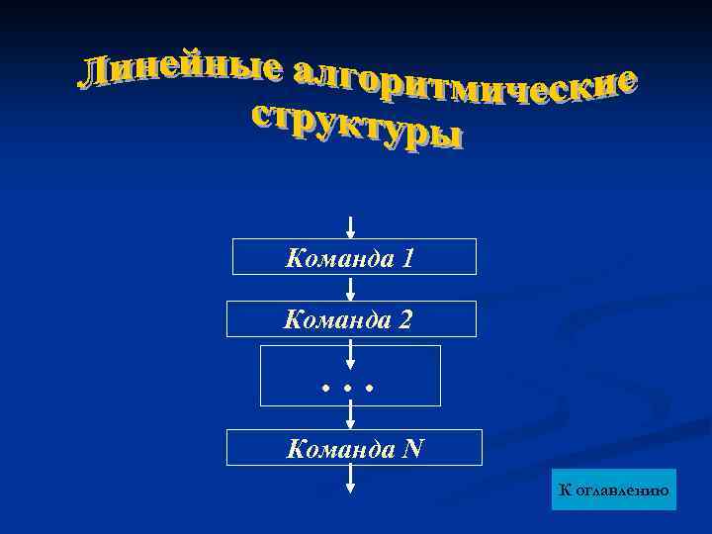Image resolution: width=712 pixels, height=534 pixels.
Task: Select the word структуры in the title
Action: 356,124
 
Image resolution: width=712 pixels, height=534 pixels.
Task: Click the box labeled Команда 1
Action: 354,257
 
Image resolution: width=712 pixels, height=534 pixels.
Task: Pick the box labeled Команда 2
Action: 351,319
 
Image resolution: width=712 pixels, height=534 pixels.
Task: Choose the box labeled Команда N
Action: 354,448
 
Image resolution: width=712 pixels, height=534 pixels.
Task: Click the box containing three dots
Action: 350,376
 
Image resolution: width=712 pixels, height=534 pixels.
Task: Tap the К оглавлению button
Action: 615,489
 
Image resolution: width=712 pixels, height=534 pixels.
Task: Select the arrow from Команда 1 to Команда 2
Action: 351,288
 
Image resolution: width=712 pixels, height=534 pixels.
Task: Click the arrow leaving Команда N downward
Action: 351,479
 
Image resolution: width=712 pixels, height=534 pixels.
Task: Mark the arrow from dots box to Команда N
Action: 351,417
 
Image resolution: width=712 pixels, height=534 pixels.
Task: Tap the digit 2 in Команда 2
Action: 405,320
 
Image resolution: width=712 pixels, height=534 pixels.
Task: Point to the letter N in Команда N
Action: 412,449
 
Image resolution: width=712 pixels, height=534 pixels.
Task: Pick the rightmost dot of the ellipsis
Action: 369,389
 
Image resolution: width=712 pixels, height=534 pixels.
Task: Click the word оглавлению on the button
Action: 622,489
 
